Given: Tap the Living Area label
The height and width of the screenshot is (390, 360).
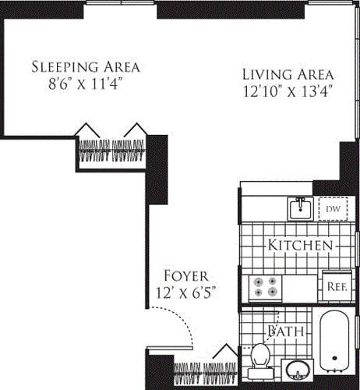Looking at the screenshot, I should pos(287,74).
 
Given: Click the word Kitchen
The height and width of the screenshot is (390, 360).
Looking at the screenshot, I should pos(301,245).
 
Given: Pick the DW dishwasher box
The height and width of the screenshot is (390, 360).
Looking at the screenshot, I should pos(331,209).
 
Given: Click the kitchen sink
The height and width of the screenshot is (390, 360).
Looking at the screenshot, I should pos(299,209).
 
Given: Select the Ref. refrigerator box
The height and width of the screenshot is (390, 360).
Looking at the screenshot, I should pos(337,285).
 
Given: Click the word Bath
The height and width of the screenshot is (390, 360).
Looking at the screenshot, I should pos(281,331).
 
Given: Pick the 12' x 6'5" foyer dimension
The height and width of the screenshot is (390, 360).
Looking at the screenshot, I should pos(185,293).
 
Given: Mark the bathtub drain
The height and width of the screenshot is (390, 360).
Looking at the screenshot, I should pos(334,360).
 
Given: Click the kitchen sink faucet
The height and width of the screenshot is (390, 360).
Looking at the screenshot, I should pos(299,201).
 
